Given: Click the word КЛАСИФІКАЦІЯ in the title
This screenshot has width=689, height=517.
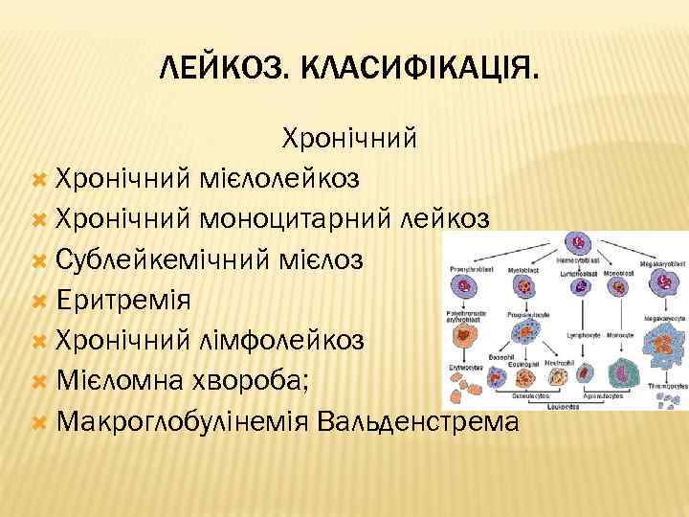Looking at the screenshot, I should [419, 68].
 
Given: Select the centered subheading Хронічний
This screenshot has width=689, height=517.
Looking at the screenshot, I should [348, 140].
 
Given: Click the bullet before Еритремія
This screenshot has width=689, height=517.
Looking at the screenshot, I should [39, 300].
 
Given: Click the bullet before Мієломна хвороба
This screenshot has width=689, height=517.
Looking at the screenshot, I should [39, 380].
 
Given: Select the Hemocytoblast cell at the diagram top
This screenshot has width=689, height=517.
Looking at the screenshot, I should [578, 243].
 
